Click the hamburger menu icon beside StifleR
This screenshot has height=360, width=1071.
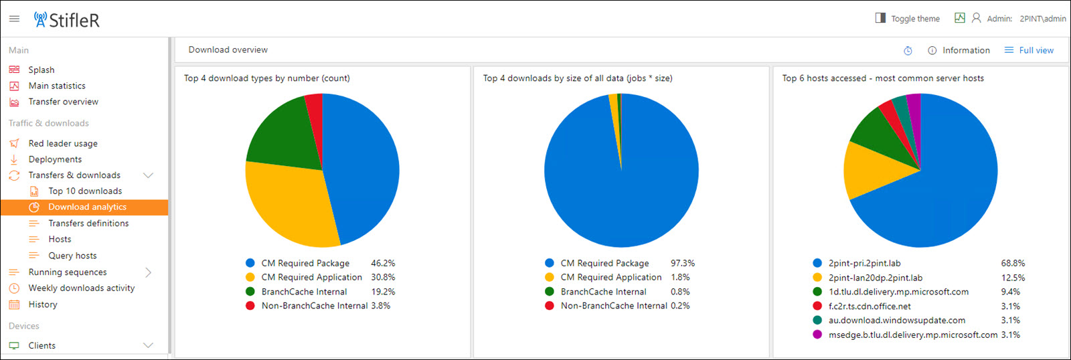pyautogui.click(x=14, y=19)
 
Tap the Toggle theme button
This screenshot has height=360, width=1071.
pyautogui.click(x=908, y=19)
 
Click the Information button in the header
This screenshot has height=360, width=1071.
pyautogui.click(x=959, y=50)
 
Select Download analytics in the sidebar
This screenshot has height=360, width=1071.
pyautogui.click(x=87, y=207)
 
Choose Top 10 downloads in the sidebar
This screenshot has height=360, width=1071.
pyautogui.click(x=85, y=191)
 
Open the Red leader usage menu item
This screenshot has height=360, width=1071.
pyautogui.click(x=63, y=143)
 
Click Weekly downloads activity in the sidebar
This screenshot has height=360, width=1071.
pyautogui.click(x=82, y=288)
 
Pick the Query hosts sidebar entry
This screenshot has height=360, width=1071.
pyautogui.click(x=72, y=256)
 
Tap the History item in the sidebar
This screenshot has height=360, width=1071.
pyautogui.click(x=43, y=304)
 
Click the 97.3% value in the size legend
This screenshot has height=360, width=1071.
pyautogui.click(x=683, y=264)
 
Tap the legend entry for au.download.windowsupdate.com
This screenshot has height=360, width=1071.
pyautogui.click(x=896, y=321)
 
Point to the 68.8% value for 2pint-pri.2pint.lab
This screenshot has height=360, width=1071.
pyautogui.click(x=1013, y=264)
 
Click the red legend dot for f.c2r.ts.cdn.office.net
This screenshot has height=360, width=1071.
pyautogui.click(x=817, y=306)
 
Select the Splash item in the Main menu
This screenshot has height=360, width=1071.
pyautogui.click(x=42, y=70)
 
